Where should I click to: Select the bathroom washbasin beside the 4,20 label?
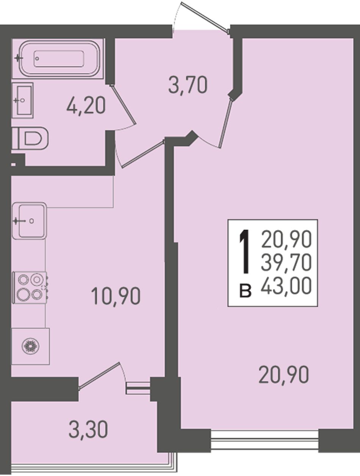tap(22, 100)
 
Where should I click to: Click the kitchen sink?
tap(30, 221)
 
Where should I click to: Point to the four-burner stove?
tap(30, 288)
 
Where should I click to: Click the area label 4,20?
tap(86, 106)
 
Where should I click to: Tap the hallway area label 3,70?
tap(188, 85)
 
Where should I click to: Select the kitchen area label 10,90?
tap(116, 296)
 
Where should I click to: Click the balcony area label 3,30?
tap(88, 424)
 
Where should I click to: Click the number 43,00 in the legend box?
tap(286, 287)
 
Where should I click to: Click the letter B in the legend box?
tap(246, 290)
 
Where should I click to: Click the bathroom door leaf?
tap(123, 105)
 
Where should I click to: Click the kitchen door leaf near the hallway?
tap(143, 154)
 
